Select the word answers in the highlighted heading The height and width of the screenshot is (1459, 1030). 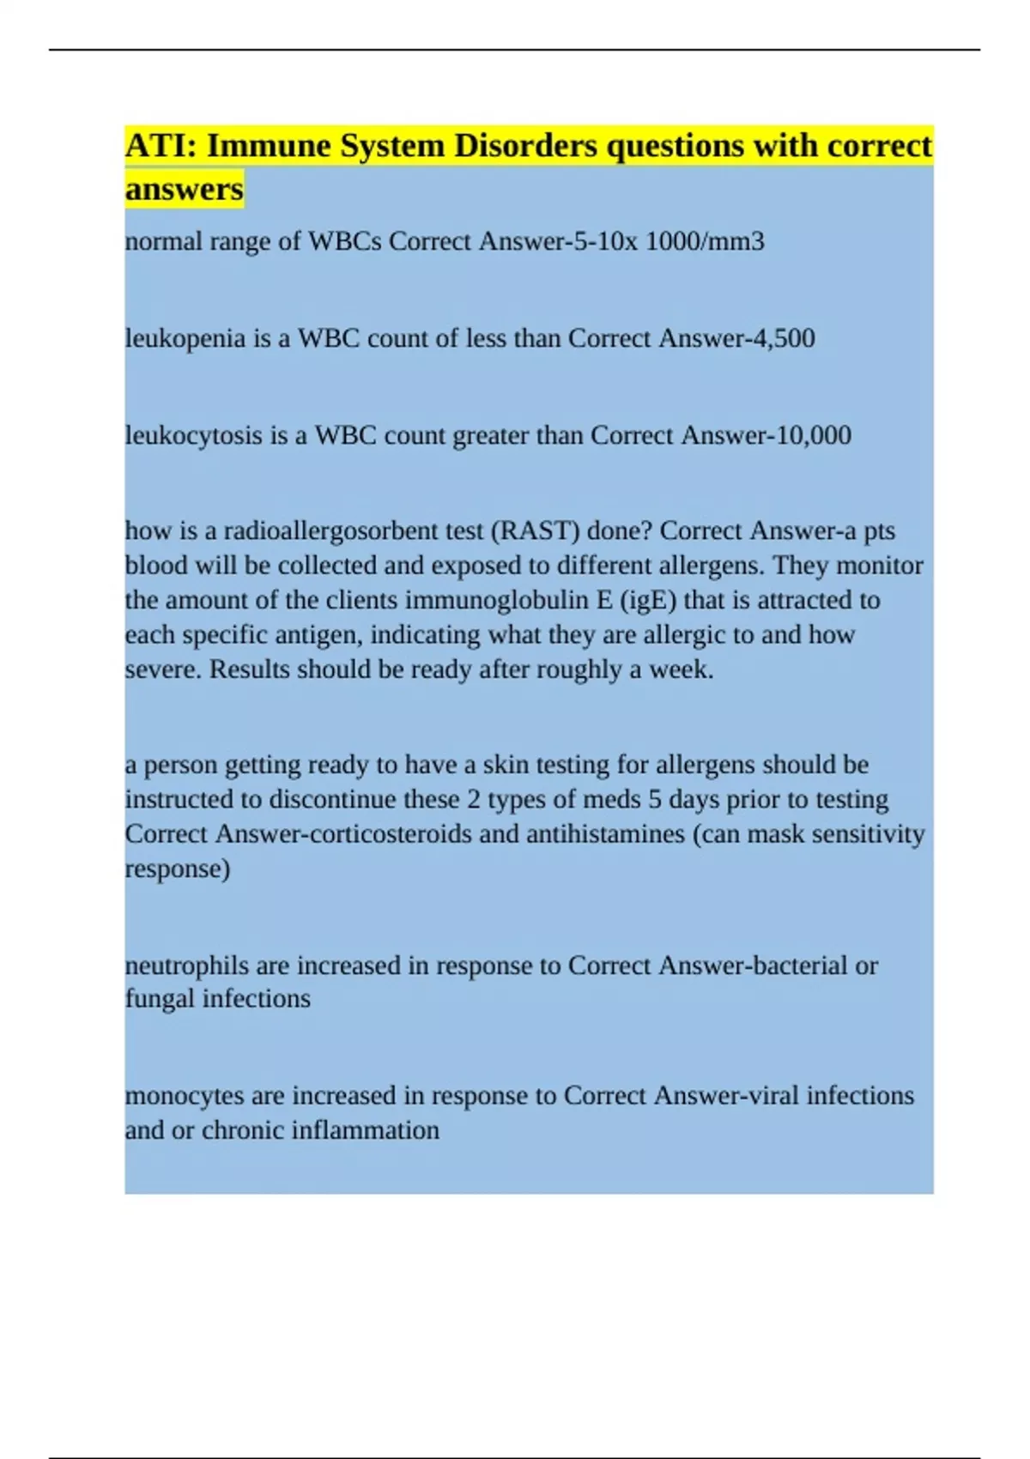pyautogui.click(x=184, y=189)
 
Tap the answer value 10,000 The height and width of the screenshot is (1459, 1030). pyautogui.click(x=814, y=435)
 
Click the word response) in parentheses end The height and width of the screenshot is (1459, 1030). pyautogui.click(x=178, y=869)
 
